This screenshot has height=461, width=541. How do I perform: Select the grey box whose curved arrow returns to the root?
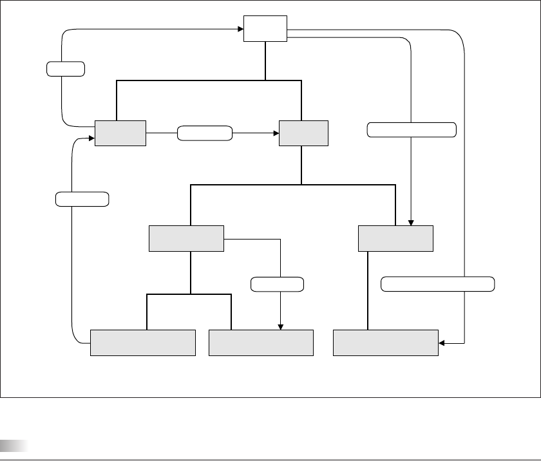pyautogui.click(x=120, y=133)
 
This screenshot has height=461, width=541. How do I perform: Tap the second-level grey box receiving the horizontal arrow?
pyautogui.click(x=303, y=133)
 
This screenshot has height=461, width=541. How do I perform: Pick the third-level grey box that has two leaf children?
pyautogui.click(x=187, y=238)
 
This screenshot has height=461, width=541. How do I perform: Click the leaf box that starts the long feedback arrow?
pyautogui.click(x=142, y=342)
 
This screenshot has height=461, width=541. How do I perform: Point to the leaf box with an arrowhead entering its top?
pyautogui.click(x=261, y=342)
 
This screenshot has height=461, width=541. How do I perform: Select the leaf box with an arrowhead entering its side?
pyautogui.click(x=386, y=342)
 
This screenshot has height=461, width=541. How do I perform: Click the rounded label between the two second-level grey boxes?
pyautogui.click(x=205, y=133)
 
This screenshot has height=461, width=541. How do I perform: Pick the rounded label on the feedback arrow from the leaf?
pyautogui.click(x=82, y=199)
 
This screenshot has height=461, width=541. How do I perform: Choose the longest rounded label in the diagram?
pyautogui.click(x=438, y=283)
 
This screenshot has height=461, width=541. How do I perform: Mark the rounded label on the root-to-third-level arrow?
pyautogui.click(x=412, y=129)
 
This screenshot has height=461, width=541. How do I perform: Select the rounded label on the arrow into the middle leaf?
pyautogui.click(x=277, y=283)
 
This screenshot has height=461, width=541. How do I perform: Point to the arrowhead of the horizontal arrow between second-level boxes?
pyautogui.click(x=275, y=133)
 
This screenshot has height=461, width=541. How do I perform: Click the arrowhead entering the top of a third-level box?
pyautogui.click(x=412, y=222)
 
